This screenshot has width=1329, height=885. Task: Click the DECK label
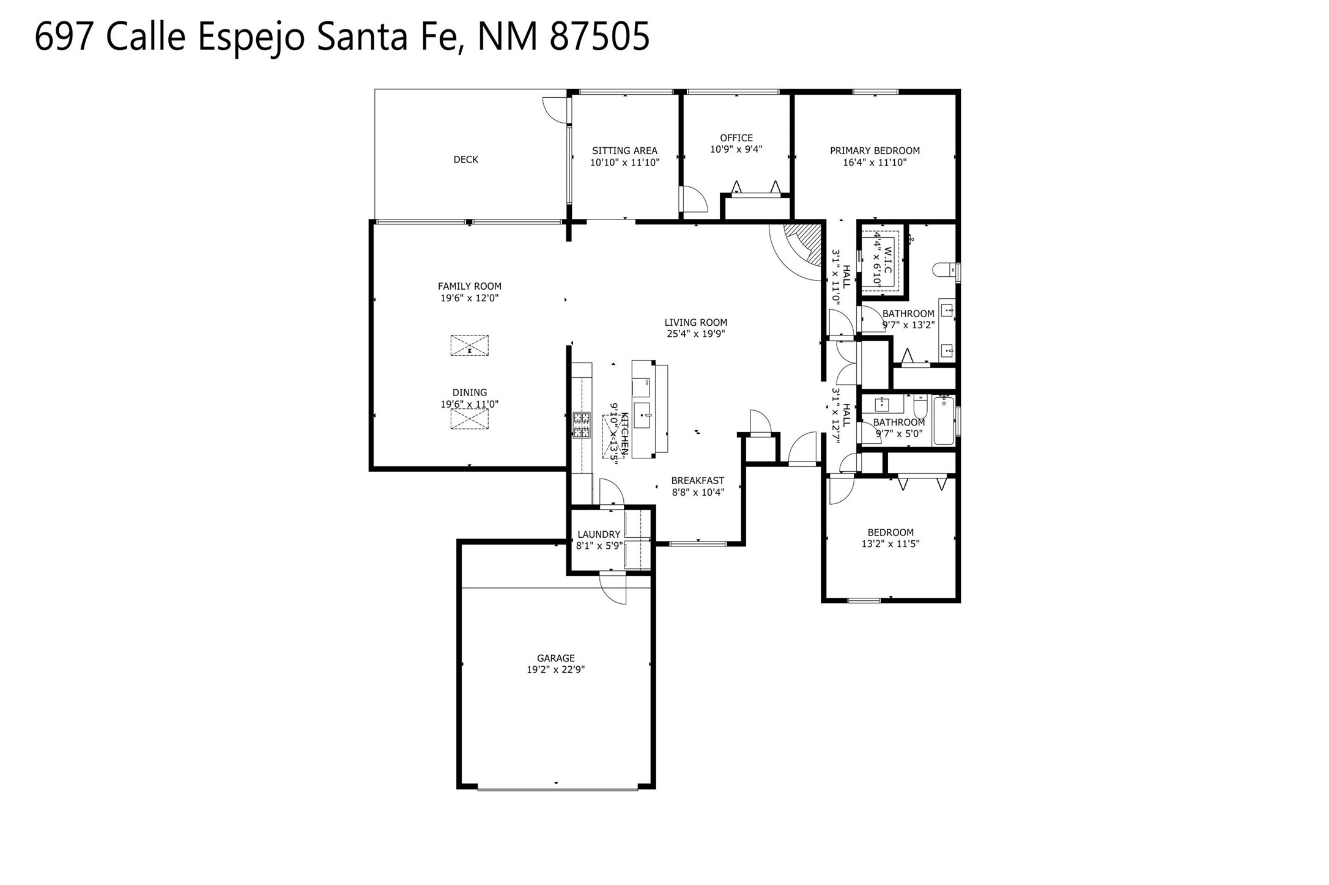[465, 160]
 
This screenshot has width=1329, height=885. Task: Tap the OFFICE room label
[736, 138]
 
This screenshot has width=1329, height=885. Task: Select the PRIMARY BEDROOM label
[875, 151]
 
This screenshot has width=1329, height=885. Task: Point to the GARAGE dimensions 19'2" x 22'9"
[555, 670]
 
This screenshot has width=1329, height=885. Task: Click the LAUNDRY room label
[599, 535]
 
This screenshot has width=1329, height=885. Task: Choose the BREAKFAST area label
[697, 481]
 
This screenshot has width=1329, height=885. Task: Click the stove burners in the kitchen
[582, 425]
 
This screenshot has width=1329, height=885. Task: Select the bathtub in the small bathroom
[944, 421]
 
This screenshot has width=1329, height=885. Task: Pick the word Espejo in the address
[251, 37]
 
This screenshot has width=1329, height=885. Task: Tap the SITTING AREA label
[624, 151]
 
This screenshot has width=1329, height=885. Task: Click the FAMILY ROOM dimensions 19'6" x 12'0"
[469, 298]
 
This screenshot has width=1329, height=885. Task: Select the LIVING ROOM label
[695, 323]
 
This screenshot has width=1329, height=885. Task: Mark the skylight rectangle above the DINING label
[469, 345]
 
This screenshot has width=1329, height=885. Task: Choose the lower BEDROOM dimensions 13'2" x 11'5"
[890, 544]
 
